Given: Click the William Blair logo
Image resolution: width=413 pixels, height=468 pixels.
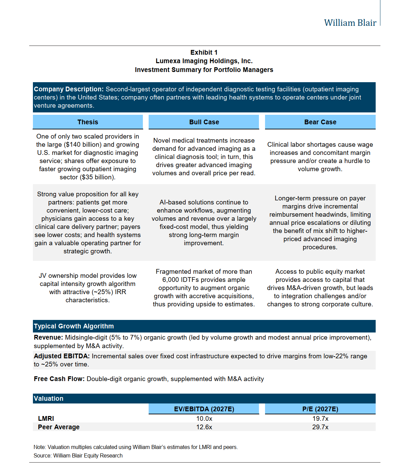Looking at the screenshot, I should (x=350, y=23).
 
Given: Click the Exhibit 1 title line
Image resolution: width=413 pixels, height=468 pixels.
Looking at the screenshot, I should (x=204, y=52).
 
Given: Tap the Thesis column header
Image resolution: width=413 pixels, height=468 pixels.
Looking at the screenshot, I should (x=88, y=122).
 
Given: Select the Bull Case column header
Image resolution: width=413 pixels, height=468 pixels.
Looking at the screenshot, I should (x=204, y=122).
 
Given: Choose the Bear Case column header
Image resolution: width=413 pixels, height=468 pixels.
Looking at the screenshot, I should (x=320, y=122).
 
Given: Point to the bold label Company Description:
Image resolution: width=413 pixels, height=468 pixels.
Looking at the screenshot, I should (x=69, y=89).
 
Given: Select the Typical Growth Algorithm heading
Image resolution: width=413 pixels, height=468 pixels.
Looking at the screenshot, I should (x=74, y=326).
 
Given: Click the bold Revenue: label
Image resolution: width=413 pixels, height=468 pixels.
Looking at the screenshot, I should (x=48, y=337).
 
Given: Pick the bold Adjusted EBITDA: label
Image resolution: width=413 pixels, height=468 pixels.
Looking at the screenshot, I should (x=61, y=356).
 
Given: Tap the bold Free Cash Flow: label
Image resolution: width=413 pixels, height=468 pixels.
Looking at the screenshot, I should (x=59, y=379).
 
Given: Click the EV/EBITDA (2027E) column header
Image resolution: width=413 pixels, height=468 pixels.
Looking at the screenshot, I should (x=204, y=409).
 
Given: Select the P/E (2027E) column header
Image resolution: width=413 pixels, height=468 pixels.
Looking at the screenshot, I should (x=320, y=409).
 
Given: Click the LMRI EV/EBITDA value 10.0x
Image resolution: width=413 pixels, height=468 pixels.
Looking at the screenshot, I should (x=204, y=418).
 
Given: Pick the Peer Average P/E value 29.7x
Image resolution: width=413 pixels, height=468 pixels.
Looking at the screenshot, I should (x=320, y=427).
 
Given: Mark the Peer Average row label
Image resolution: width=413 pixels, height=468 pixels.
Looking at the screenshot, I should (x=59, y=427).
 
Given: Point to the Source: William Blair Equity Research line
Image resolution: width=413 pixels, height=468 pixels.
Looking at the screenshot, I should (x=78, y=455).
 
